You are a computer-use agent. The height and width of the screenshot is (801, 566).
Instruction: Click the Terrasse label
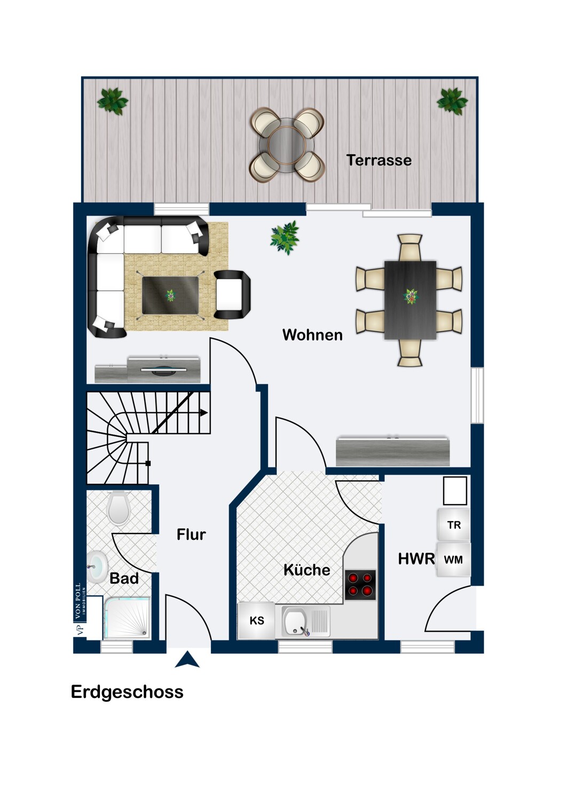click(x=379, y=160)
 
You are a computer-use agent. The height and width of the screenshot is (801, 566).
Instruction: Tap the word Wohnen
click(x=312, y=335)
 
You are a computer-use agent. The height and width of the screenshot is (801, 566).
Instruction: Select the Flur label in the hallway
click(x=191, y=535)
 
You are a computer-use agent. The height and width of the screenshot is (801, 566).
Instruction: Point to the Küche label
click(x=307, y=570)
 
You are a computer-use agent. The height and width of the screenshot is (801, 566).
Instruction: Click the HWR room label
click(x=416, y=559)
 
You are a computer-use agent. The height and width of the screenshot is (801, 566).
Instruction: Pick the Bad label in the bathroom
click(x=124, y=578)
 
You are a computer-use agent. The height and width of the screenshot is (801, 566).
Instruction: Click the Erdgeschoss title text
click(x=127, y=692)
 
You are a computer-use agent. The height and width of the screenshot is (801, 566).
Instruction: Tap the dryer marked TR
click(x=454, y=524)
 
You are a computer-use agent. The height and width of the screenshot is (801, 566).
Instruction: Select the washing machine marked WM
click(x=453, y=560)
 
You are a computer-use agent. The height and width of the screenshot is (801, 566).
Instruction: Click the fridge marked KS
click(x=256, y=621)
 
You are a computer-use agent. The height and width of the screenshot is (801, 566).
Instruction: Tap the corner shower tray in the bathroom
click(x=127, y=617)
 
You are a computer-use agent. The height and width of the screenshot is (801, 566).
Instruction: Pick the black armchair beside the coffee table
click(x=232, y=295)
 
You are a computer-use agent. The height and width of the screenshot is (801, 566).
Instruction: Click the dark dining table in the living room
click(x=410, y=300)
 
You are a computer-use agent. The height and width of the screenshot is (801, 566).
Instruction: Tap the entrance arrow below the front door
click(x=187, y=659)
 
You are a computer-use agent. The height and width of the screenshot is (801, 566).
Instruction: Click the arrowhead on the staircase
click(x=204, y=413)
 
